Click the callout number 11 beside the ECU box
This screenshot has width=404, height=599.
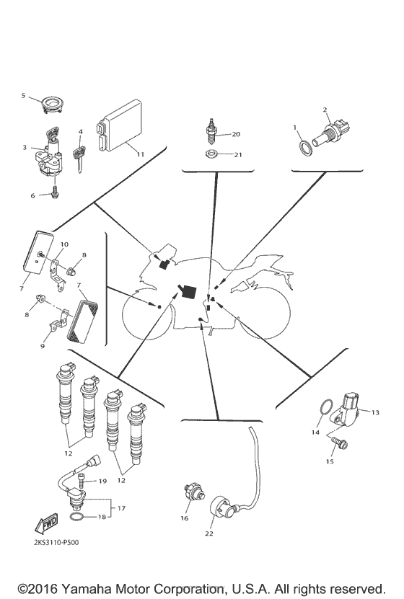pos(141,154)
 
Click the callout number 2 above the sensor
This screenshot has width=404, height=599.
pos(326,110)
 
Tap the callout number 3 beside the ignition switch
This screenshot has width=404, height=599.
pos(25,147)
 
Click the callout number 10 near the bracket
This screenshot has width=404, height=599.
pos(63,245)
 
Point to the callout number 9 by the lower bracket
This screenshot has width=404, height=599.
pos(42,346)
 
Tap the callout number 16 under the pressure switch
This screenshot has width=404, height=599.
pos(185,518)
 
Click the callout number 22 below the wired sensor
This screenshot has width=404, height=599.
pos(209,533)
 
